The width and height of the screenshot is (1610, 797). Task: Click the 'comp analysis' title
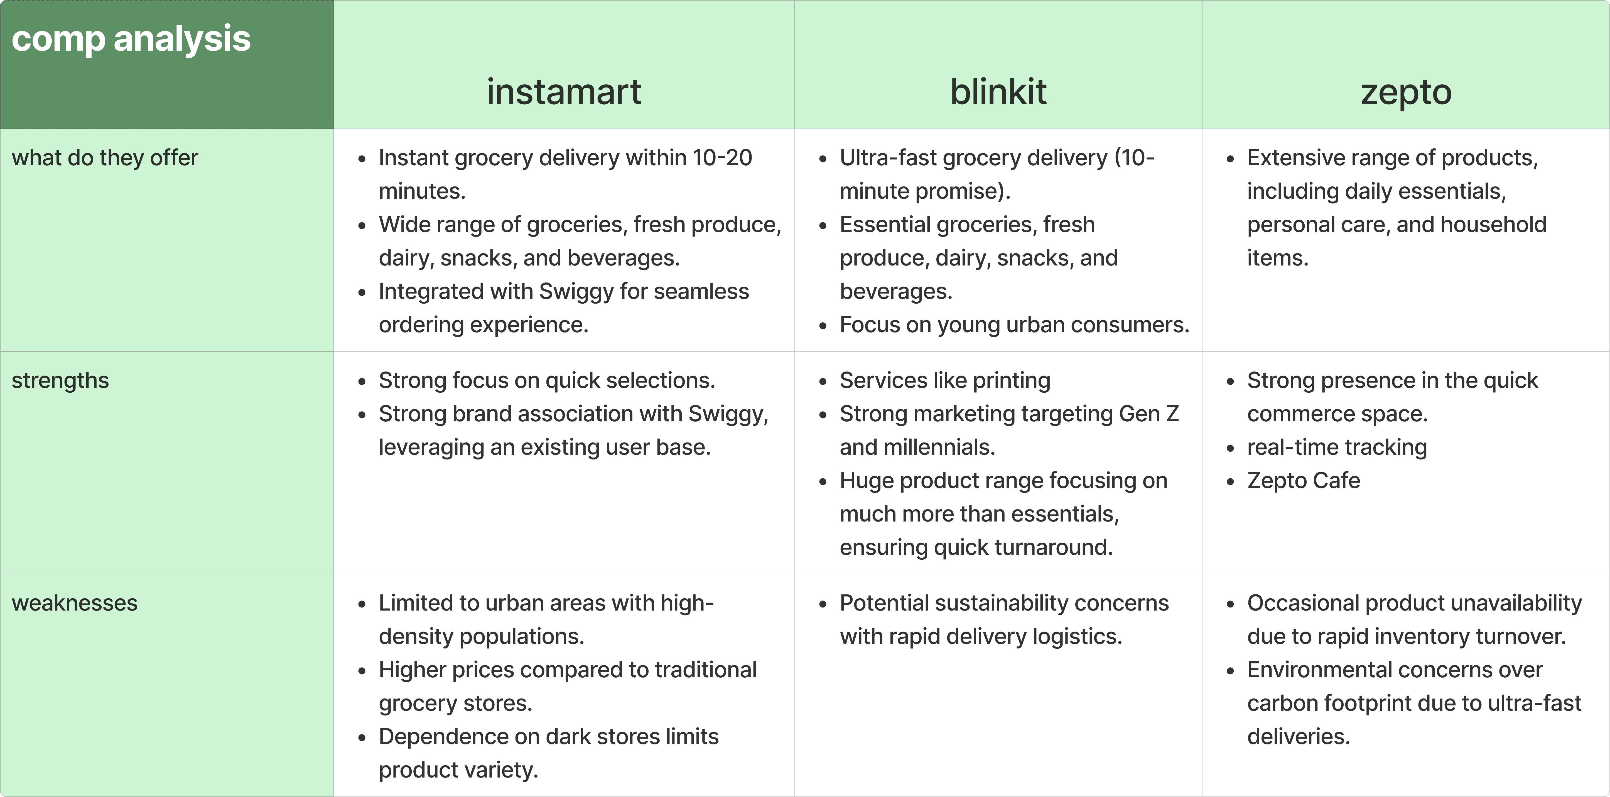point(131,39)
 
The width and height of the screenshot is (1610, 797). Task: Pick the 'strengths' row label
point(60,380)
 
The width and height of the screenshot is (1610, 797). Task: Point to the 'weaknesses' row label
point(74,603)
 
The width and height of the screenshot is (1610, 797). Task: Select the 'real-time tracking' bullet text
point(1337,447)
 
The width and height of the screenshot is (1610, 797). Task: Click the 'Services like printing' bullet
point(944,380)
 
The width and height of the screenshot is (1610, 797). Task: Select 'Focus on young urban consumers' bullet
point(1014,325)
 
